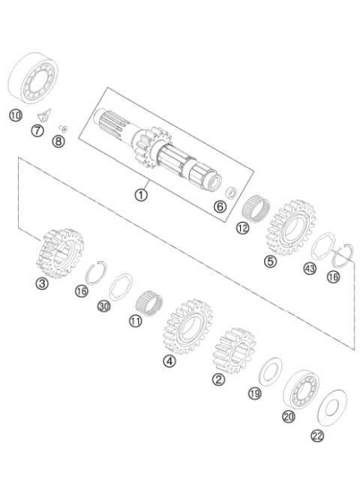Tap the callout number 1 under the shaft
pyautogui.click(x=140, y=194)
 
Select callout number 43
pyautogui.click(x=309, y=268)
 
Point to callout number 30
pyautogui.click(x=103, y=307)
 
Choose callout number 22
pyautogui.click(x=318, y=436)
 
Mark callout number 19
pyautogui.click(x=255, y=392)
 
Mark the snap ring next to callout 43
pyautogui.click(x=343, y=253)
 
